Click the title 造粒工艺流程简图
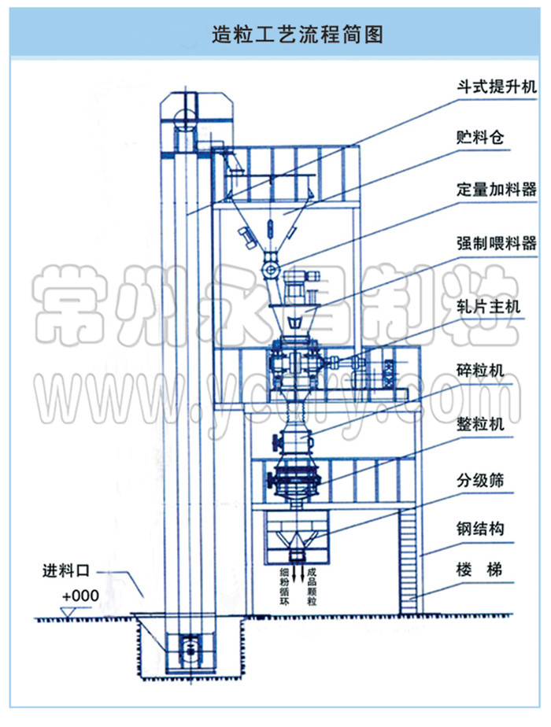pos(275,35)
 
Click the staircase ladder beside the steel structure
pos(409,559)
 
